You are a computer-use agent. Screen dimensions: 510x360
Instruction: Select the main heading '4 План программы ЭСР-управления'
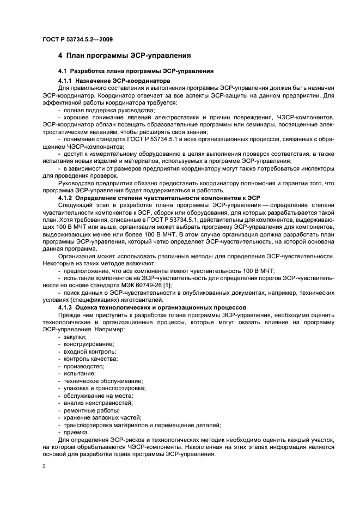124,55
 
